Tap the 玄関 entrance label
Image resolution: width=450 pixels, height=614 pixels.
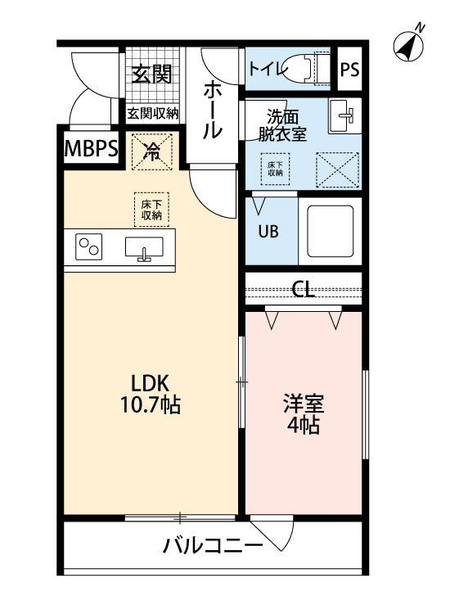[x=152, y=74]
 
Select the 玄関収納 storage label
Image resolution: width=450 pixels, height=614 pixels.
[x=152, y=114]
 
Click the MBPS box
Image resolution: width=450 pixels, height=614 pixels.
[x=91, y=150]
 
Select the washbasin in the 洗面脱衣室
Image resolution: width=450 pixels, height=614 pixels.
[x=344, y=115]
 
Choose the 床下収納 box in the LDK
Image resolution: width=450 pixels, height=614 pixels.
[x=151, y=208]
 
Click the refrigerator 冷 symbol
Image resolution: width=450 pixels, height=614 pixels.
[x=152, y=149]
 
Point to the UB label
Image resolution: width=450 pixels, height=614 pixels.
[x=268, y=231]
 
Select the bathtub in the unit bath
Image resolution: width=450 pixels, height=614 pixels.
[x=330, y=233]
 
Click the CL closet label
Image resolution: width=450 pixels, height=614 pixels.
[x=304, y=290]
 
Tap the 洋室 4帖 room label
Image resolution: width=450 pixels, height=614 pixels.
[x=304, y=414]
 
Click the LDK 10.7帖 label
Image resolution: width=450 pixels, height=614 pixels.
[x=151, y=394]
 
